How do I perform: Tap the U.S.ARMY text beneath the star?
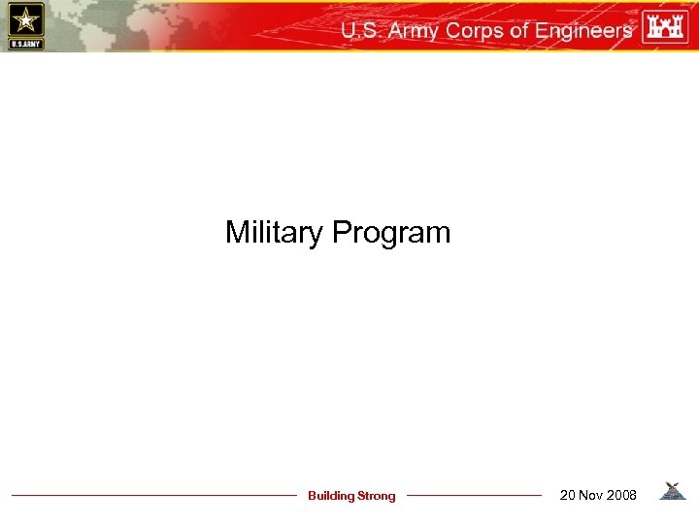[x=24, y=44]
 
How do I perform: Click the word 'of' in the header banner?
[x=519, y=31]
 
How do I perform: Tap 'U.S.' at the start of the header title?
[x=361, y=31]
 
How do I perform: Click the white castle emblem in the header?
[x=664, y=26]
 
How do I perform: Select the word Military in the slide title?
[x=276, y=233]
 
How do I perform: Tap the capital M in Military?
[x=237, y=232]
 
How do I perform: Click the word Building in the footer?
[x=331, y=496]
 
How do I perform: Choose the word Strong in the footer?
[x=377, y=496]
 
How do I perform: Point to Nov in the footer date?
[x=593, y=496]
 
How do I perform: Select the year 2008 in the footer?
[x=622, y=496]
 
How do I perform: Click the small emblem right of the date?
[x=672, y=492]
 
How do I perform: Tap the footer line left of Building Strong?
[x=155, y=496]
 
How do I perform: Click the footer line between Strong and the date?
[x=474, y=496]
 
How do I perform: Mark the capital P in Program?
[x=341, y=233]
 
